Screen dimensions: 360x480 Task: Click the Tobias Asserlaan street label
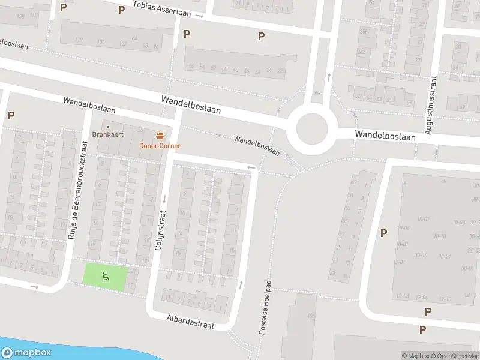(x=162, y=10)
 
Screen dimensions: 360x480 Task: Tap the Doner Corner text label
(x=160, y=146)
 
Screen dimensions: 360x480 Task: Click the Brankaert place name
(x=108, y=134)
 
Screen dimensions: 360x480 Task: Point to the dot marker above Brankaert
(x=108, y=127)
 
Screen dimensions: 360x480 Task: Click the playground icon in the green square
(x=106, y=277)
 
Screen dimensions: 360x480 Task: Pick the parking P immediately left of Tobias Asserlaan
(x=121, y=10)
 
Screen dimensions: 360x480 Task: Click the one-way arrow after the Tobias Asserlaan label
(x=201, y=16)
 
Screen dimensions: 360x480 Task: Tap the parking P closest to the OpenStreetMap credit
(x=422, y=329)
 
